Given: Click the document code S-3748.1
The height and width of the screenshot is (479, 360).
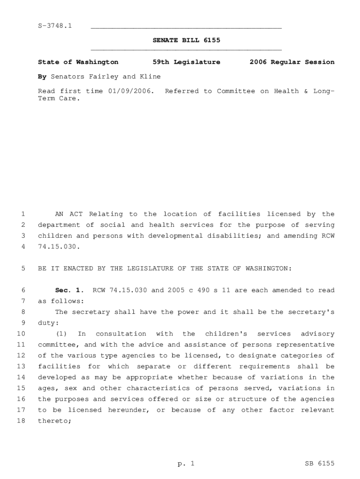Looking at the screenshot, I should point(55,25).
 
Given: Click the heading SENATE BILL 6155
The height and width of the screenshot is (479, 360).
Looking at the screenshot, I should point(187,40).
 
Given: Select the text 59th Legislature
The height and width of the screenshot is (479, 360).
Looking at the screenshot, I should point(187,62).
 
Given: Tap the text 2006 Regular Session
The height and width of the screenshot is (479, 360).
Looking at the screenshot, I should point(292,62).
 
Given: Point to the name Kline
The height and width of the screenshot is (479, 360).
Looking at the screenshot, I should point(149,76).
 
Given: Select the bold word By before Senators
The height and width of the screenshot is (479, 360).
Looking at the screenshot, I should point(42,76).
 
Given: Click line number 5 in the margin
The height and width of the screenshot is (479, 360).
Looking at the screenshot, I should point(23,269).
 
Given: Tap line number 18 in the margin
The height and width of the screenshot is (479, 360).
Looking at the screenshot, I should point(21,421).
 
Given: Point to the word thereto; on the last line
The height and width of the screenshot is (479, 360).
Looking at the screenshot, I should point(55,421).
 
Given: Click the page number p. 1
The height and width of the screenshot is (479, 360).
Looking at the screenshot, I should point(186,464).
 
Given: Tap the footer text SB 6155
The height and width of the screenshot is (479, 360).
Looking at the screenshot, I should point(319,464).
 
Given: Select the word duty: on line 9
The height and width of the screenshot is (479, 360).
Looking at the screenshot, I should point(48,323).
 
